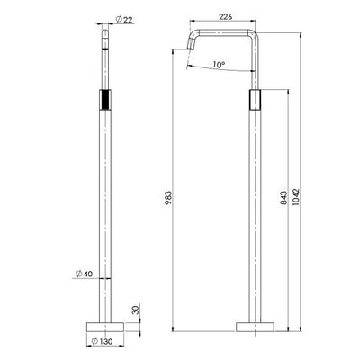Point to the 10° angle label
click(218, 65)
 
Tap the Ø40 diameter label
click(83, 275)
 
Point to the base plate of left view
click(105, 325)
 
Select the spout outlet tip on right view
click(191, 52)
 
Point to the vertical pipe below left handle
click(105, 216)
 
